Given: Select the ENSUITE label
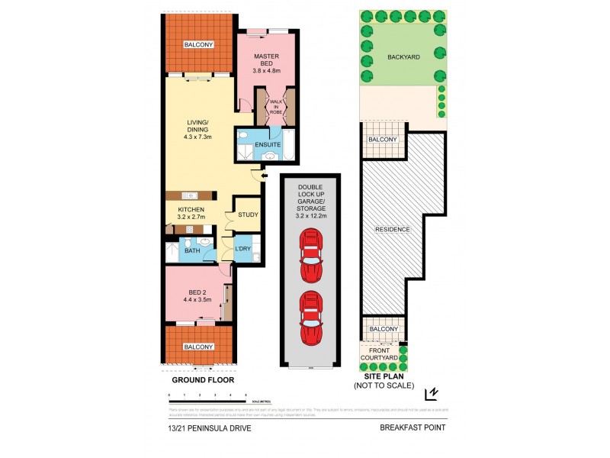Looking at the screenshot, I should [268, 144].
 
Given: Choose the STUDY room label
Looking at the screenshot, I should [248, 214].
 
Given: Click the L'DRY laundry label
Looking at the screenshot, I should [243, 250].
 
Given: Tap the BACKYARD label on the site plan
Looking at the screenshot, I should [403, 57].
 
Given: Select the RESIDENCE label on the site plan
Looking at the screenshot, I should [392, 230].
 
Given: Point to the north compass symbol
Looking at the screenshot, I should [432, 393].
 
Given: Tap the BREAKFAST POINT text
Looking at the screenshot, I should [413, 427].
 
